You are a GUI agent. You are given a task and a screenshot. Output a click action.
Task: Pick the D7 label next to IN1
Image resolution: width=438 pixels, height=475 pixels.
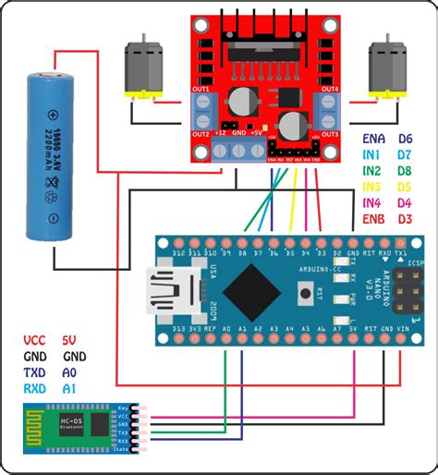tap(405, 155)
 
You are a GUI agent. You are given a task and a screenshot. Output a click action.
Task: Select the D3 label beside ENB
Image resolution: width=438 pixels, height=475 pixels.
tap(405, 218)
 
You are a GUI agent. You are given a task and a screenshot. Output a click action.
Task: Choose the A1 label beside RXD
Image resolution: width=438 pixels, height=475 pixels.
tap(70, 388)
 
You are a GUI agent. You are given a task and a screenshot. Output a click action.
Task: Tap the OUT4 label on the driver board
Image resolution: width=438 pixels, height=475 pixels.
tap(330, 90)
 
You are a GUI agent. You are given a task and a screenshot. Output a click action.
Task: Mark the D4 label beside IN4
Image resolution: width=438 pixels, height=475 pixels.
tap(405, 202)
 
